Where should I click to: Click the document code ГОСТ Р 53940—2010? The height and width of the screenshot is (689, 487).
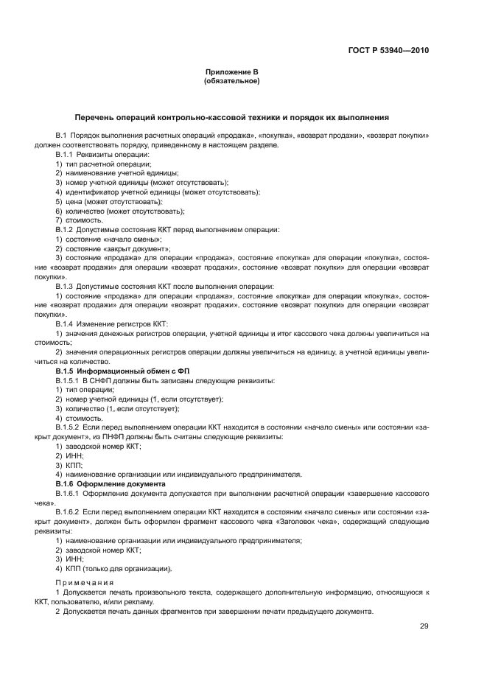388,52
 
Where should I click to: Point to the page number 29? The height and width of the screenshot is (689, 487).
424,626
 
